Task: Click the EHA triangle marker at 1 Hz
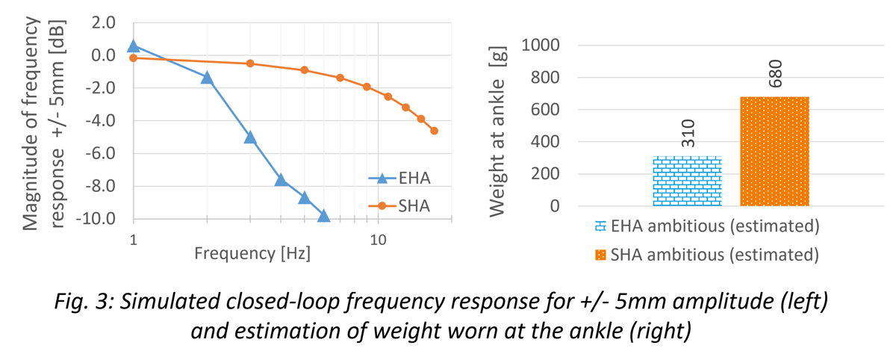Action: click(134, 46)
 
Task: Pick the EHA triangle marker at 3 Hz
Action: click(250, 137)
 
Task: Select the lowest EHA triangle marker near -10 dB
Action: click(323, 216)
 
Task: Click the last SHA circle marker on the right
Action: click(434, 131)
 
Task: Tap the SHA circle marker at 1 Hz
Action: click(134, 58)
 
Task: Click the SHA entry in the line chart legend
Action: click(399, 205)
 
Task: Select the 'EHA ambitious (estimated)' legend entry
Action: click(706, 226)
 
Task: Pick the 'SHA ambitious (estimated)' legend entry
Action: click(706, 254)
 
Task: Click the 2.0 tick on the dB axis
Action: click(102, 22)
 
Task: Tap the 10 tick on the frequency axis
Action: click(378, 240)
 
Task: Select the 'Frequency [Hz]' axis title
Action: click(252, 252)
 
